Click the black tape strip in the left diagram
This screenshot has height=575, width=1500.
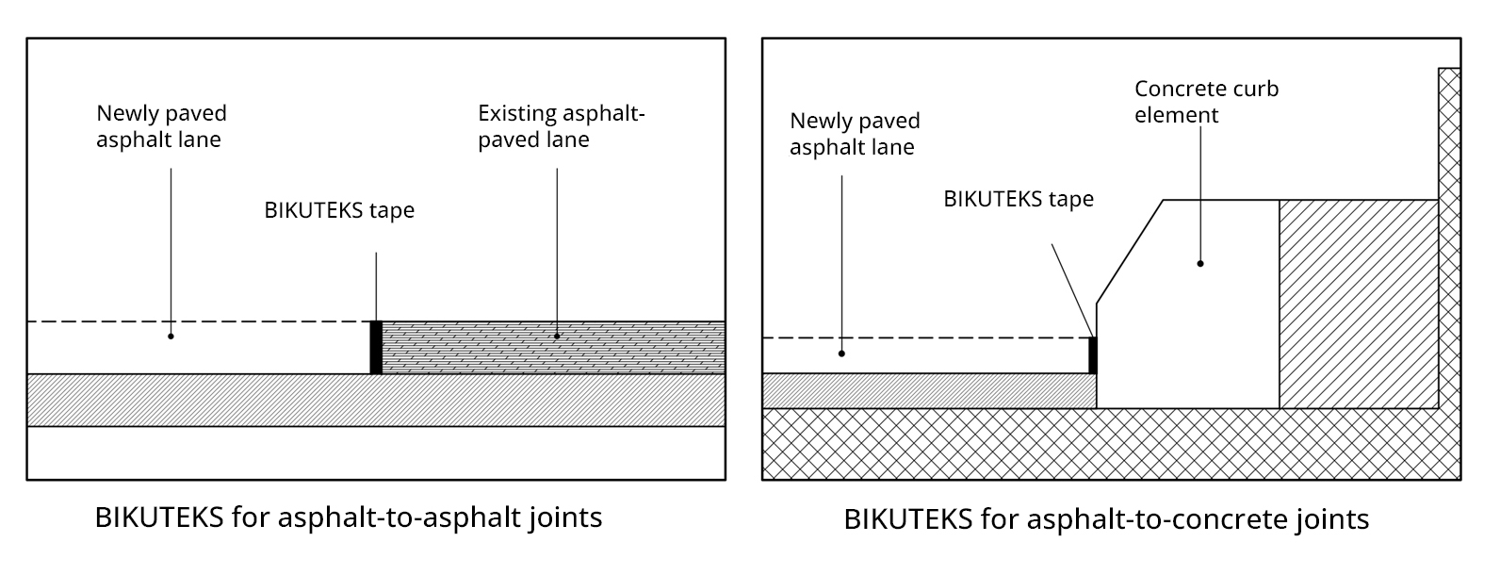(376, 348)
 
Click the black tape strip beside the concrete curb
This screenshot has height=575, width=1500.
(1093, 355)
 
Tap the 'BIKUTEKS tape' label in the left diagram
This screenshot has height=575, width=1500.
(339, 210)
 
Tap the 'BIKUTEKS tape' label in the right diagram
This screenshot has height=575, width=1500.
(1019, 199)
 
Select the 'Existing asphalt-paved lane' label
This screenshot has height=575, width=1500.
(561, 126)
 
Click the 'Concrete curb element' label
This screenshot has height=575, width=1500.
(1206, 102)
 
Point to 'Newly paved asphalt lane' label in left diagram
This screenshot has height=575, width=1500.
(161, 126)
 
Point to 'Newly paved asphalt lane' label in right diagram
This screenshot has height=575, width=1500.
(855, 134)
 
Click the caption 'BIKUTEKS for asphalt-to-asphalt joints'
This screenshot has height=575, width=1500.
(349, 517)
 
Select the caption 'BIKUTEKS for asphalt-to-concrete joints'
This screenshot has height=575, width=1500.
(1106, 519)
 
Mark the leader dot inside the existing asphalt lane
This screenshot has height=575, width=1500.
(557, 336)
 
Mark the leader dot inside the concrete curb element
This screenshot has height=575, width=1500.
(1200, 263)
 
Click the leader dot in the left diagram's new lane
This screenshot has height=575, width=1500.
(171, 336)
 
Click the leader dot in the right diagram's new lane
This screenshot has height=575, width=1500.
(841, 353)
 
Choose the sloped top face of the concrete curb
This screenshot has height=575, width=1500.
(1130, 251)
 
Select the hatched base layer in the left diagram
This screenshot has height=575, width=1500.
(376, 401)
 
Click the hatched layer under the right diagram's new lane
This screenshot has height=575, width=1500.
(928, 390)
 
